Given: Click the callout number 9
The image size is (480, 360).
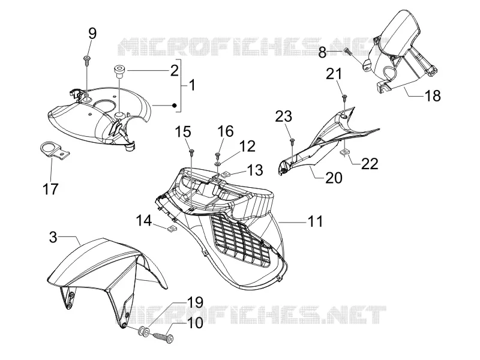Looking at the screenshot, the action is point(92,33).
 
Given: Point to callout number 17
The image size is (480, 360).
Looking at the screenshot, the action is point(50,188).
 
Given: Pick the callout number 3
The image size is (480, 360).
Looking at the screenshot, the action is point(53,237).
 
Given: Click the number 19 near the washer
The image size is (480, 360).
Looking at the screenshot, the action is point(194,302).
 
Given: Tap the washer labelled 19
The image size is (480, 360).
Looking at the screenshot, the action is point(144,332).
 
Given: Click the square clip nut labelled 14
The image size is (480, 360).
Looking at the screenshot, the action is point(172,229).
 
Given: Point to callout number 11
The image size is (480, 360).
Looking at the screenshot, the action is point(315,221).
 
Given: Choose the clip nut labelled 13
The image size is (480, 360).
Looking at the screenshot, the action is point(226,175).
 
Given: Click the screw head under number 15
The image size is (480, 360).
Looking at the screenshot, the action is point(191,151).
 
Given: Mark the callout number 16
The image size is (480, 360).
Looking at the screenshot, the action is point(226,131).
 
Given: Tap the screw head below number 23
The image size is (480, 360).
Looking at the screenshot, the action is point(292,140).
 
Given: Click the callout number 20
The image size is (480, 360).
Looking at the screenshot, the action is point(334,178).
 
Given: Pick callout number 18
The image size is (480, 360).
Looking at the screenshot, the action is point(433,96).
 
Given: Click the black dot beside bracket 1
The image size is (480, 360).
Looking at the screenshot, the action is point(174,106).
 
